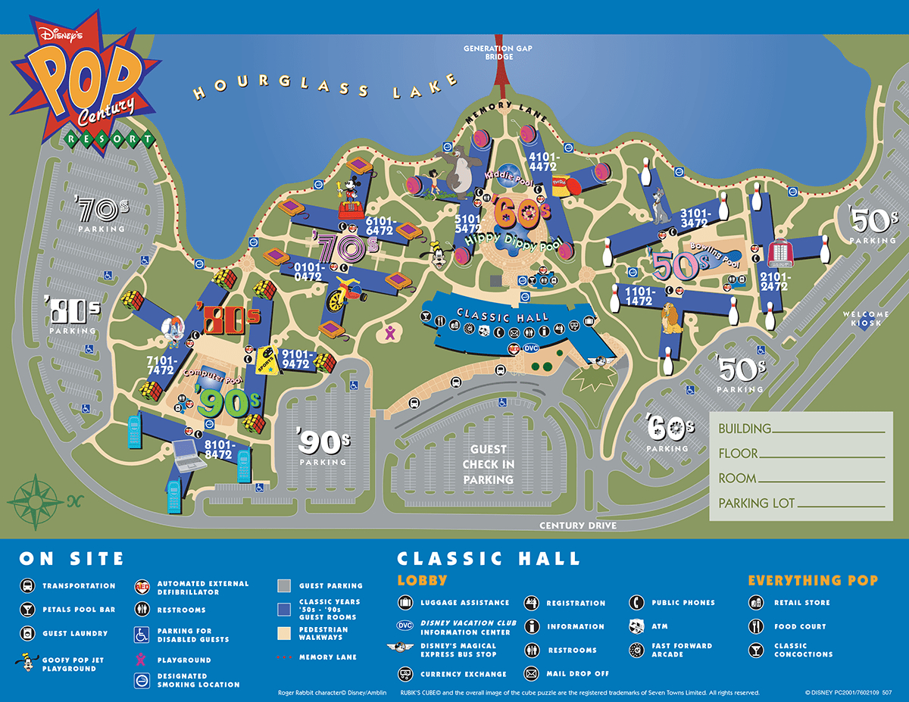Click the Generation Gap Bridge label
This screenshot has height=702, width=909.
498,52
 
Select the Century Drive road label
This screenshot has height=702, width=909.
578,526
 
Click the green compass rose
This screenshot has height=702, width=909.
36,499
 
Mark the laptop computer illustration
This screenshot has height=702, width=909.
186,454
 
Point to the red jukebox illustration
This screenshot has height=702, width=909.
780,254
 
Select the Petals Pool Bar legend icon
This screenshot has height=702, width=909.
27,610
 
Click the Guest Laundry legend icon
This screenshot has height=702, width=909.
27,633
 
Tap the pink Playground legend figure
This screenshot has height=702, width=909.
141,660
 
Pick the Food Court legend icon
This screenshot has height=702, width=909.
755,626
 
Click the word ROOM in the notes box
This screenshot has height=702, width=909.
737,478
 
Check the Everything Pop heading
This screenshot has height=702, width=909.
813,581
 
